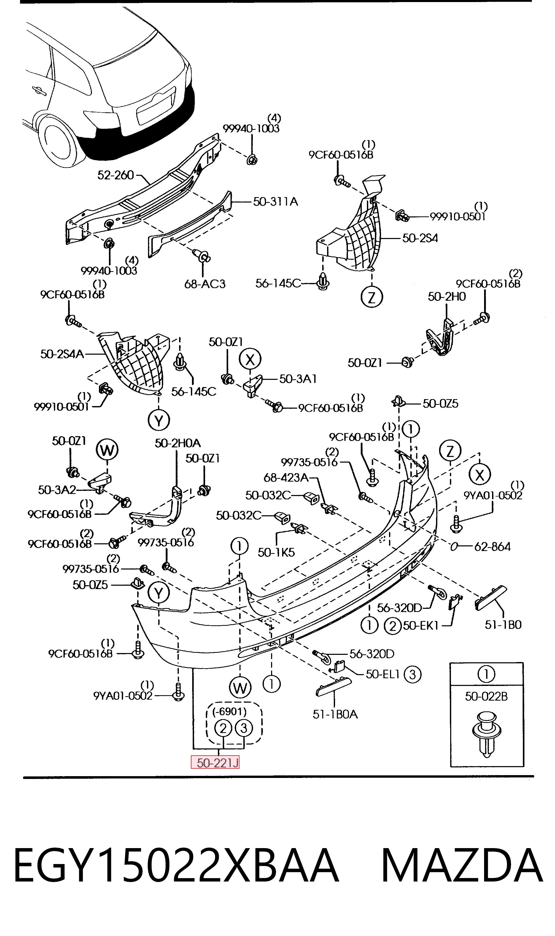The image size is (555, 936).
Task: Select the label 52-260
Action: pyautogui.click(x=116, y=175)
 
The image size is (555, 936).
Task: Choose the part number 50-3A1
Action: pyautogui.click(x=298, y=379)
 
